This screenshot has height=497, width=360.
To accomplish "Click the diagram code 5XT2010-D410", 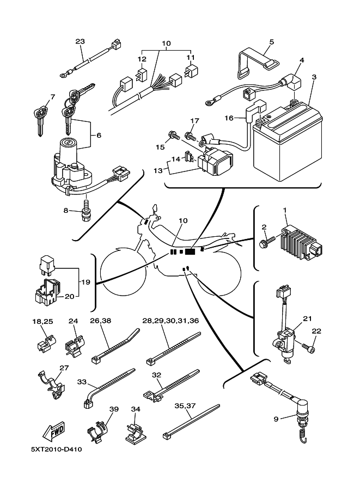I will point(56,450).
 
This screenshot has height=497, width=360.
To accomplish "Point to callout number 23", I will point(80,41).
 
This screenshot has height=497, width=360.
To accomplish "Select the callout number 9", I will point(276,419).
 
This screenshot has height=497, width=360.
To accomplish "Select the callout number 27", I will point(64,367).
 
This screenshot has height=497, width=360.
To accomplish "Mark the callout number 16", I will point(229,118).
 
